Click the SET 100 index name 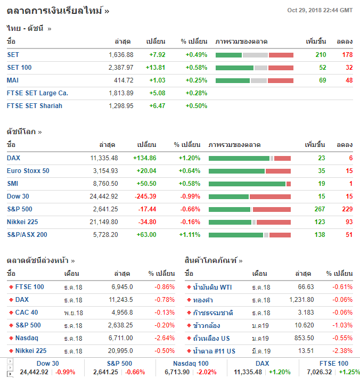19,68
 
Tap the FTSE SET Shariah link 35,106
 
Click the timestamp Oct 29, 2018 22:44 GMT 320,10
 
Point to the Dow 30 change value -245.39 145,196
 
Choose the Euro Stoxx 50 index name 28,171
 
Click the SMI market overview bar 249,184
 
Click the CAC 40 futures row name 27,313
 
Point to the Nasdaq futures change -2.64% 165,338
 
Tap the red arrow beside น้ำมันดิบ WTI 189,287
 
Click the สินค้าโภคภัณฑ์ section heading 214,261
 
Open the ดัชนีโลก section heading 24,132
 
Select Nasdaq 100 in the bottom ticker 191,364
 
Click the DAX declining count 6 351,158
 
